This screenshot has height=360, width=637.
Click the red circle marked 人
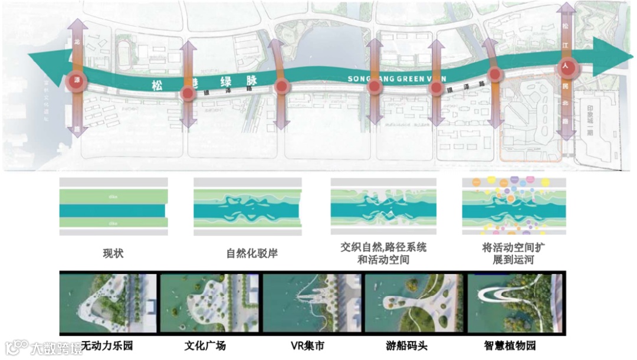(x=566, y=67)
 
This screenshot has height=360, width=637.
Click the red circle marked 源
(x=76, y=81)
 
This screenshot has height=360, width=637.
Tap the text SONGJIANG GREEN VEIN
(x=396, y=78)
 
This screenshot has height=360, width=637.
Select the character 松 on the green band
(x=157, y=85)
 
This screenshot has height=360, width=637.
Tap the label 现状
(x=113, y=254)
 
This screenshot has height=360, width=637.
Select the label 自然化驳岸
(x=252, y=254)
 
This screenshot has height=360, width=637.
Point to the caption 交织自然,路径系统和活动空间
(x=383, y=253)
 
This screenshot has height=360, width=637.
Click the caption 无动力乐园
(x=107, y=345)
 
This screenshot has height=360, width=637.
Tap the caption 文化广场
(x=205, y=345)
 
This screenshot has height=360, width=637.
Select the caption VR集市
(x=307, y=345)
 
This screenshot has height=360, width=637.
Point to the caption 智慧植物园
(x=511, y=345)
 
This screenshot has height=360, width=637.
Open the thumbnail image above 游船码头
(x=412, y=303)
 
